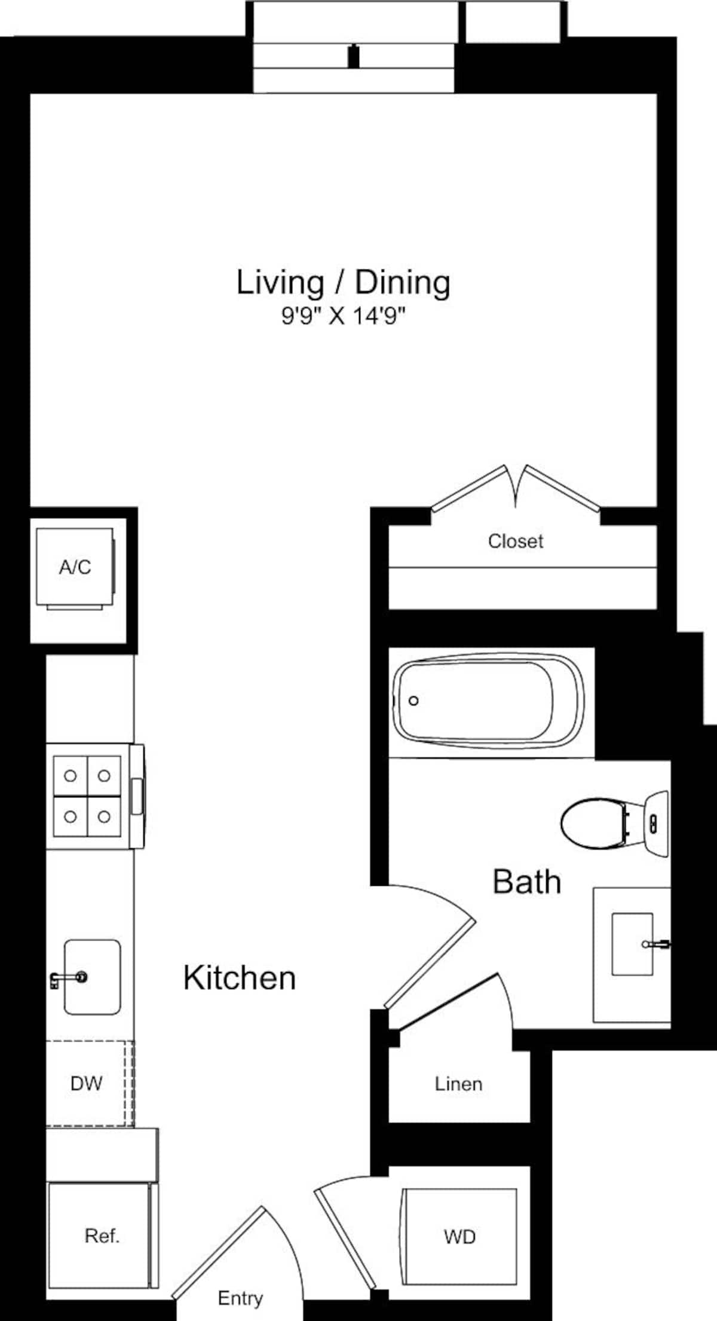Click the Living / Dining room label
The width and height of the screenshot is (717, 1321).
click(x=343, y=283)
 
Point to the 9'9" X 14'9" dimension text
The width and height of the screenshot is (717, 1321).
click(x=343, y=316)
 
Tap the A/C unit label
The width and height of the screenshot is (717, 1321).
click(x=75, y=567)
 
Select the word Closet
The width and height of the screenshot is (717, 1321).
click(x=515, y=541)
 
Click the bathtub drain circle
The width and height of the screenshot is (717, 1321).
click(x=413, y=701)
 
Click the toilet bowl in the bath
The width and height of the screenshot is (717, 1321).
click(x=592, y=823)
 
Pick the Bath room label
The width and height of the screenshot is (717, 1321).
click(x=526, y=882)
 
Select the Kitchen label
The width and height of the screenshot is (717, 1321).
click(x=239, y=978)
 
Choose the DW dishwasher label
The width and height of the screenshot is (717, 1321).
click(x=86, y=1083)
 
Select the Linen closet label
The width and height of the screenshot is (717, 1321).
click(x=458, y=1084)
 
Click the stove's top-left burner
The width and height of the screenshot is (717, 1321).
click(x=71, y=776)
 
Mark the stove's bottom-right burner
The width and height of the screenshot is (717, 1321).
click(x=104, y=817)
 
